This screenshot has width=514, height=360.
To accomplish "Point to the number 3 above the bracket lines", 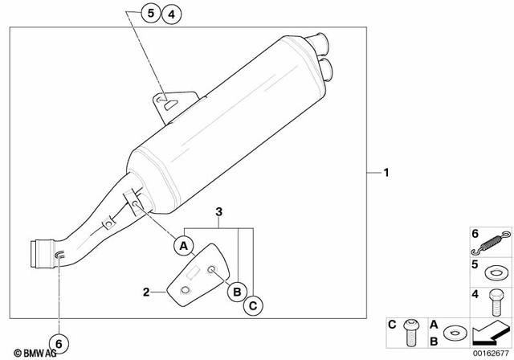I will (x=218, y=213).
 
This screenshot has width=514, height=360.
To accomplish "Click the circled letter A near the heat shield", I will (x=184, y=244).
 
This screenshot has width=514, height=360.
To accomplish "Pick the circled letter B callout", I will (x=238, y=292).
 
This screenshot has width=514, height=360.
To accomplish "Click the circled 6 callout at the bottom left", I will (x=59, y=341).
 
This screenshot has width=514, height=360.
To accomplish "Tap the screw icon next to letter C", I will (x=412, y=329).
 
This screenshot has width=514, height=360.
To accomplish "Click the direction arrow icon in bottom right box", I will (x=491, y=329).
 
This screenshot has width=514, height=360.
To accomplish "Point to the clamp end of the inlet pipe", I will (x=41, y=255).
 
